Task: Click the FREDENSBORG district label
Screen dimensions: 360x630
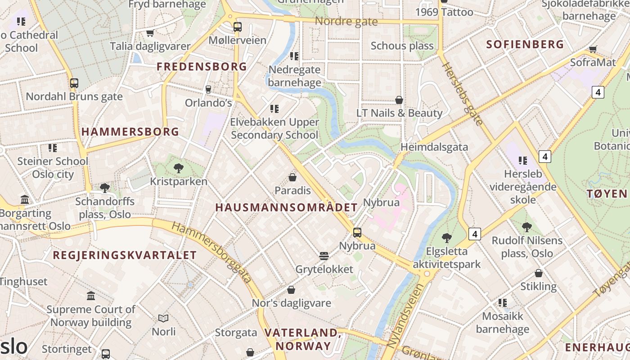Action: tap(202, 67)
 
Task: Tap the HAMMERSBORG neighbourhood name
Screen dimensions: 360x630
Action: tap(130, 132)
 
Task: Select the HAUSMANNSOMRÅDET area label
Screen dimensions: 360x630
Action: tap(286, 207)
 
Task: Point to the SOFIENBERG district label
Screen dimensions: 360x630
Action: tap(525, 44)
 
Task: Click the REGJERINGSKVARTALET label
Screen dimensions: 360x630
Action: tap(125, 255)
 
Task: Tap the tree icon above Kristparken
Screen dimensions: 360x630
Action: tap(178, 168)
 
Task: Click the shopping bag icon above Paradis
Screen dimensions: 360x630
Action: tap(292, 177)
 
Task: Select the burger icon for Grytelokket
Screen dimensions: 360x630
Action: tap(324, 256)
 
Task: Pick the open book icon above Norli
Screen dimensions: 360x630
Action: tap(163, 318)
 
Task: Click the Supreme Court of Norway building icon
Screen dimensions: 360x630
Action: tap(91, 296)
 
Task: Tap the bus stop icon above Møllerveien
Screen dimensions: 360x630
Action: tap(238, 27)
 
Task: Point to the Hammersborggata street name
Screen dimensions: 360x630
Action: tap(211, 252)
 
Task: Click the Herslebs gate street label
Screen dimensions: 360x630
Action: tap(463, 93)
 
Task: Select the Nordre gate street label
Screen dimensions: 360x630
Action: tap(346, 21)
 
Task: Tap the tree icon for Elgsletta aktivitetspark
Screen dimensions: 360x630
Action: tap(446, 238)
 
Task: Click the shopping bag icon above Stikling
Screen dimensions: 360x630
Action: tap(538, 273)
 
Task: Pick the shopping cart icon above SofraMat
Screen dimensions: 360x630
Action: tap(593, 49)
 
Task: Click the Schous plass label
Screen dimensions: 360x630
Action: tap(402, 45)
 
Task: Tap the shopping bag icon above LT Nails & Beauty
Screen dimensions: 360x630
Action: tap(399, 99)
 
